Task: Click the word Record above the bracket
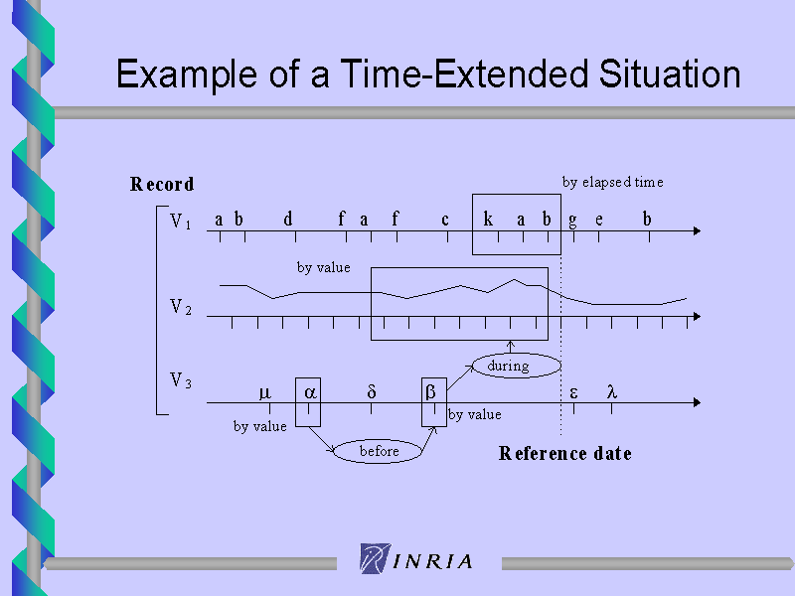pos(162,184)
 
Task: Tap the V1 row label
pos(181,222)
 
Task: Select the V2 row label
pos(181,307)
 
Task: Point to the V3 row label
pos(181,380)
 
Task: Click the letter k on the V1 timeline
pos(488,219)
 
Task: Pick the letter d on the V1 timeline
pos(288,219)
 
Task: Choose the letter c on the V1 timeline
pos(444,221)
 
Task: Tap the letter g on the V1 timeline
pos(572,222)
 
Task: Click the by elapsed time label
pos(612,183)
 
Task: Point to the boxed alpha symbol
pos(310,392)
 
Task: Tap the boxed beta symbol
pos(430,391)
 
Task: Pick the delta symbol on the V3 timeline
pos(371,391)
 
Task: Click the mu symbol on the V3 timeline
pos(264,393)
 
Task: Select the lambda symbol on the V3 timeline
pos(612,391)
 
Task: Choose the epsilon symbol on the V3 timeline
pos(573,393)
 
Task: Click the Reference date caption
pos(564,453)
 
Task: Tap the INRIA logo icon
pos(376,558)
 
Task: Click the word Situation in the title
pos(670,74)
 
